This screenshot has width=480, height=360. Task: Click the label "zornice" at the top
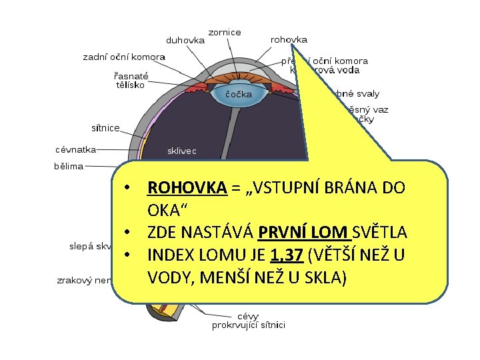(225, 32)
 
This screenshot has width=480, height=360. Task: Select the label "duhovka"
(185, 40)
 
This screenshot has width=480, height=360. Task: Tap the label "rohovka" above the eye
(289, 40)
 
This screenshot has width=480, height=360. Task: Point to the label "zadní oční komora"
(124, 57)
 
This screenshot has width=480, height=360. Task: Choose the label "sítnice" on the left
(105, 127)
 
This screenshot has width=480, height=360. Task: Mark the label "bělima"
(69, 167)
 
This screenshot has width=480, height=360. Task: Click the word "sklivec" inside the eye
(181, 151)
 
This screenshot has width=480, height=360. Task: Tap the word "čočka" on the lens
(238, 95)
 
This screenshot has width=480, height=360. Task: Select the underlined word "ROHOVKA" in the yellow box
(187, 187)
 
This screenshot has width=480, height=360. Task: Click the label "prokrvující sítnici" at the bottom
(249, 325)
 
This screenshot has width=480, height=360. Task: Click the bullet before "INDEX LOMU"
(125, 255)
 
